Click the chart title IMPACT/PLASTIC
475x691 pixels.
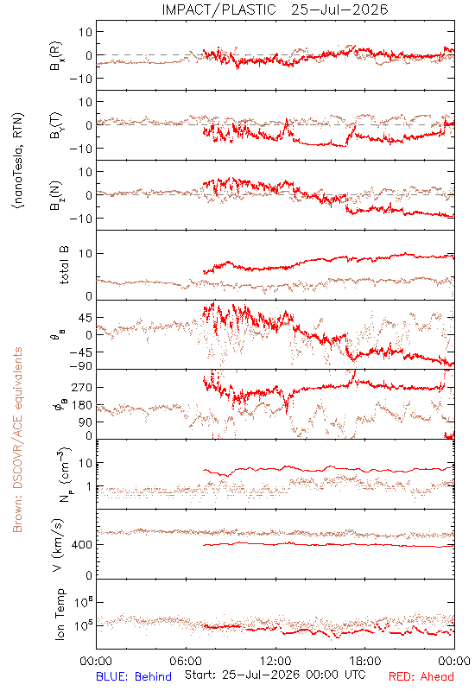219,10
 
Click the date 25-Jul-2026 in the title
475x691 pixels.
339,10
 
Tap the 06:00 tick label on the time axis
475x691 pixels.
186,661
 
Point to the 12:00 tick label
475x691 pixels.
275,661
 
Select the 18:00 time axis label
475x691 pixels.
365,661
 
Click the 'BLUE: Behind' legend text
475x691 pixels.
134,676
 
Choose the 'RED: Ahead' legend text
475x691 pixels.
421,676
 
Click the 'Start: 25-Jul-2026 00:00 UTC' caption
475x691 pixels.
275,675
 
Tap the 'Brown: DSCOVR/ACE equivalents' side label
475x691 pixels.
17,440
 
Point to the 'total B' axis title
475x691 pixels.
64,265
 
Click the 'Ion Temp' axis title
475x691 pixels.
60,614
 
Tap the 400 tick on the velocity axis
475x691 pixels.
82,545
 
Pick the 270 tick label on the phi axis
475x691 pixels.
82,387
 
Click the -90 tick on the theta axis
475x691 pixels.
81,366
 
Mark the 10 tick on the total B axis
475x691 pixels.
85,253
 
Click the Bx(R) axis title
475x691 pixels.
56,56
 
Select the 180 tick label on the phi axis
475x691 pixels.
82,405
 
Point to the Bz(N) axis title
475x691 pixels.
56,196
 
